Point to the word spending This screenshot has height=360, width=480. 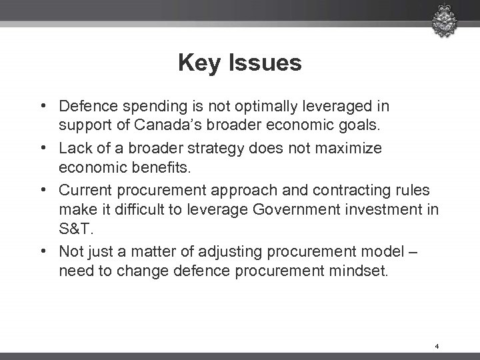click(133, 107)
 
